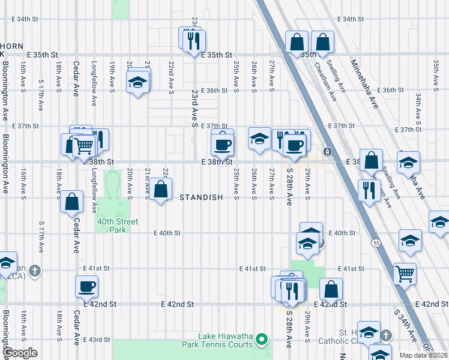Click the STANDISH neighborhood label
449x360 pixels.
pos(201,197)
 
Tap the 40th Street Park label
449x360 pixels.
pos(113,226)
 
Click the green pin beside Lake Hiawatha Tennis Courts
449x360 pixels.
pos(261,340)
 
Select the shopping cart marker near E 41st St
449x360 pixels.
pos(405,273)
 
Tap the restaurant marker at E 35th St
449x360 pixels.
pos(193,40)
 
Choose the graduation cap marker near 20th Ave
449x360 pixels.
pos(137,82)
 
